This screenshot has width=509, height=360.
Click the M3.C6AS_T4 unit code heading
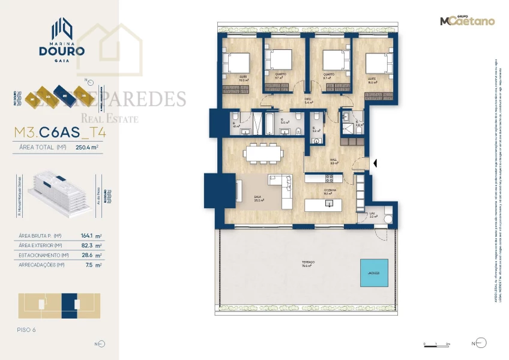58,130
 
